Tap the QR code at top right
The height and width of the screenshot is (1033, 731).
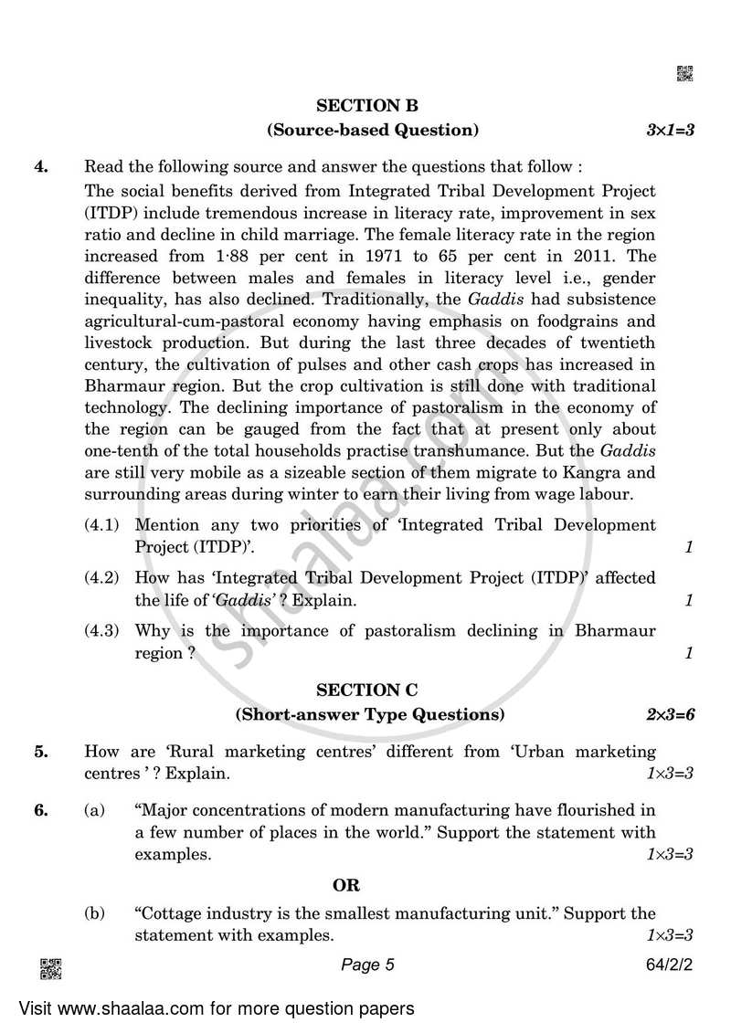684,74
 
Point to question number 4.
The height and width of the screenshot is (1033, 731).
40,167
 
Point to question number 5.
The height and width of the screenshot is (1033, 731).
40,752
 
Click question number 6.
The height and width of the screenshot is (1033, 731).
40,808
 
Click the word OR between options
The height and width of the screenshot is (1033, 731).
346,885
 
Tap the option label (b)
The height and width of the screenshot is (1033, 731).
94,913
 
